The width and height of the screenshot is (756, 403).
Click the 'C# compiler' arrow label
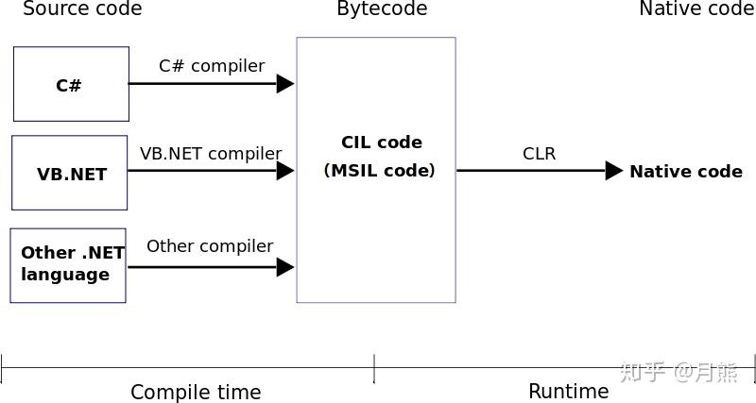[x=212, y=66]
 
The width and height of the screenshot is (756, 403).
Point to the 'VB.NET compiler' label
[x=211, y=154]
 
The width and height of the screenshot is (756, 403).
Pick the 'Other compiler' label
[x=210, y=246]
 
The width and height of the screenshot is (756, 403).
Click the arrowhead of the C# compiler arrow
[x=285, y=84]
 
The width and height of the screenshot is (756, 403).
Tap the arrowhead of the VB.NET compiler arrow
[x=285, y=171]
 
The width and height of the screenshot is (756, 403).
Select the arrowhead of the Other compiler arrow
[x=285, y=267]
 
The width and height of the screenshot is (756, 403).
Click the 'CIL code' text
[x=382, y=143]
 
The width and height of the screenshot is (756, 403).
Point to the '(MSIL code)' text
[x=380, y=171]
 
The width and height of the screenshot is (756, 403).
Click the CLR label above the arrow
[x=539, y=154]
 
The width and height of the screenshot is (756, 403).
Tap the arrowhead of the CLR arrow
[x=613, y=171]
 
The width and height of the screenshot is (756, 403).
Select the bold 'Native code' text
[x=686, y=172]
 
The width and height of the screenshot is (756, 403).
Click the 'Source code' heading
[x=82, y=8]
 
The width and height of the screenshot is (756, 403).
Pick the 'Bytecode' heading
[x=382, y=8]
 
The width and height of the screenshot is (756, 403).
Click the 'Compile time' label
[x=196, y=392]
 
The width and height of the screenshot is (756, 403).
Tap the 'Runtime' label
[x=569, y=391]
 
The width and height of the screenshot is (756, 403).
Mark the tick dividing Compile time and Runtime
[x=374, y=368]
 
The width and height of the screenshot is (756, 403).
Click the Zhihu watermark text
[x=679, y=372]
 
